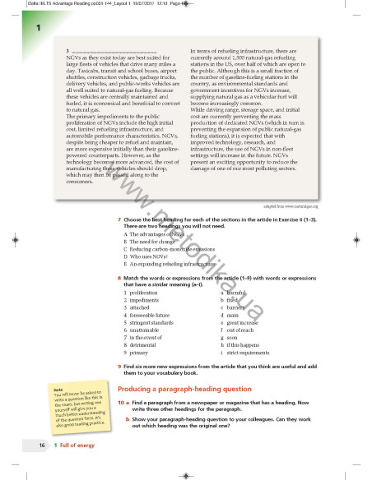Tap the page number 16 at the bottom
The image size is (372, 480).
[x=41, y=445]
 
